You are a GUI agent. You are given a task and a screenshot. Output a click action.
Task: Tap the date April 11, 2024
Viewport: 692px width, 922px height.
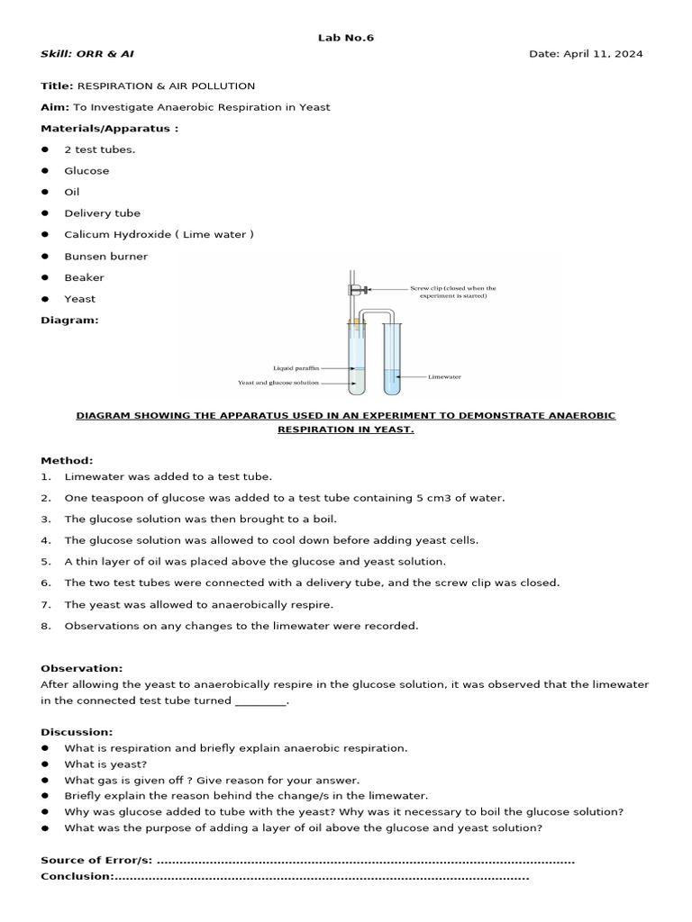(x=586, y=54)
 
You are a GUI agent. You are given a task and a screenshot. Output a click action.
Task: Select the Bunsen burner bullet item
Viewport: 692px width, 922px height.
(x=105, y=257)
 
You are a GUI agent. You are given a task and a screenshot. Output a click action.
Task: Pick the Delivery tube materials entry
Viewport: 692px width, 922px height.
(x=102, y=213)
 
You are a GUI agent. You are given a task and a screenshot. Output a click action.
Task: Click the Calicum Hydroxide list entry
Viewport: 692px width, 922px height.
(x=159, y=235)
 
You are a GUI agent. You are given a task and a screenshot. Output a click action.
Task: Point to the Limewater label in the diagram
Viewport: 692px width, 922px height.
(x=444, y=376)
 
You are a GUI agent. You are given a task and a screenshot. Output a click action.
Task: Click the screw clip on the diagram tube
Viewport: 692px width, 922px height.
(x=357, y=289)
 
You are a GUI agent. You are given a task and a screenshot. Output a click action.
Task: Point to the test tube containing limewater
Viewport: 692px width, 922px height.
(x=391, y=360)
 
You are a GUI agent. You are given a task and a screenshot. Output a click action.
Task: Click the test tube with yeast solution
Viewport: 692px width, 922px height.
(x=357, y=360)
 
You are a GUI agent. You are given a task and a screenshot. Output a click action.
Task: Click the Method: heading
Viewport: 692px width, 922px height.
(x=67, y=460)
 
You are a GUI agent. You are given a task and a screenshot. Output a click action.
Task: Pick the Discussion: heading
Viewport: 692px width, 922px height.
(x=77, y=732)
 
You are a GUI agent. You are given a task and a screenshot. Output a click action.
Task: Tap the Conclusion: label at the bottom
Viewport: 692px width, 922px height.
(x=77, y=877)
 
